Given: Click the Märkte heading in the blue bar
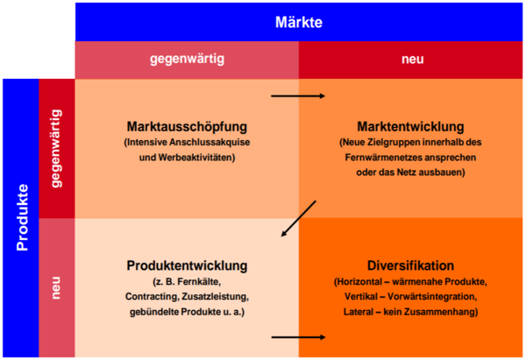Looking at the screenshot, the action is point(299,22).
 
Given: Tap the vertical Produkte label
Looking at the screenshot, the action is point(23,217).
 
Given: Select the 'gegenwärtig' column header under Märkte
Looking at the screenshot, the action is point(187,59).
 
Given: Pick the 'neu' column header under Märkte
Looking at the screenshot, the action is point(412,60).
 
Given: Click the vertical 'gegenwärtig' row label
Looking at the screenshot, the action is point(56,148).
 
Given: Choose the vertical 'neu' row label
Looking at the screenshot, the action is point(56,287).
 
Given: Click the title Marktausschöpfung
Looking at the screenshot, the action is point(187,127).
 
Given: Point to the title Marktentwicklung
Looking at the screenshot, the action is point(410,127).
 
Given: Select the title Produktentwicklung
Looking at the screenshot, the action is point(187,265).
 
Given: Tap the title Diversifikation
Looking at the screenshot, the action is point(410,265).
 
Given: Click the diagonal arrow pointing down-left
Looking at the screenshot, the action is point(299,219).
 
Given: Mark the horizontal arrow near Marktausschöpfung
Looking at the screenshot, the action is point(298,96).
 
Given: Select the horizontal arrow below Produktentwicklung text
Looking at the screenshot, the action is point(299,337).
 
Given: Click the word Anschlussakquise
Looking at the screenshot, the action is point(210,142).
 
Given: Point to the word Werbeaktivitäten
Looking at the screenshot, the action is point(196,157).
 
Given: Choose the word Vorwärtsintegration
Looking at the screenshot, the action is point(432,297).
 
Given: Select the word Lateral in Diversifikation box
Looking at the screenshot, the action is point(358,312).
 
